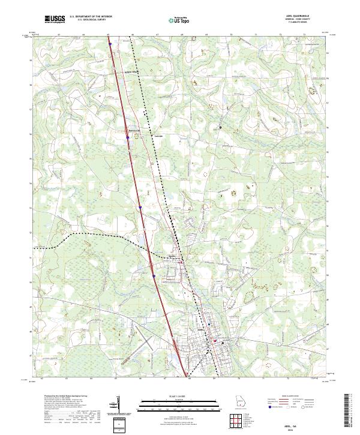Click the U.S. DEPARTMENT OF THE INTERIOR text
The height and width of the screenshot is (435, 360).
[91, 16]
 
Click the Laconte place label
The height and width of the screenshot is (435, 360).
[159, 135]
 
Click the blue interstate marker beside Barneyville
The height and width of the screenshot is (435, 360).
[128, 137]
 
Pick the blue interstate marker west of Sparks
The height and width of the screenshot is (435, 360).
[154, 276]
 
